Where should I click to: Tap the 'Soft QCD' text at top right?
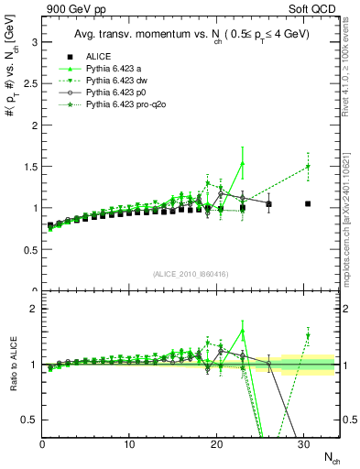tap(316, 11)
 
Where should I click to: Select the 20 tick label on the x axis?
tap(217, 444)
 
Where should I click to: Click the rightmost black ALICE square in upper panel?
tap(308, 203)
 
